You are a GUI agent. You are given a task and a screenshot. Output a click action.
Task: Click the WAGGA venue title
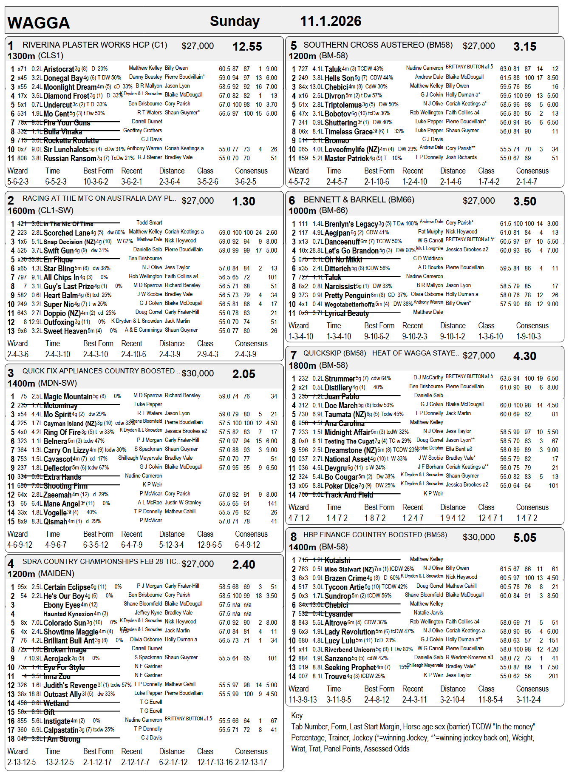pos(39,23)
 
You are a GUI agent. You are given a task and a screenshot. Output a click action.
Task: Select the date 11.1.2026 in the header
pos(331,21)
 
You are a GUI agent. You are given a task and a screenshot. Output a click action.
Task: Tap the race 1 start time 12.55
pos(247,47)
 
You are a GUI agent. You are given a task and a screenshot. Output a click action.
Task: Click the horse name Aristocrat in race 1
pos(59,69)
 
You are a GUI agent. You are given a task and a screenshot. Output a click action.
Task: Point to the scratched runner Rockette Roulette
pos(71,141)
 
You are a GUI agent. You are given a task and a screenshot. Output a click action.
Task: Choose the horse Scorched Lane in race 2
pos(67,233)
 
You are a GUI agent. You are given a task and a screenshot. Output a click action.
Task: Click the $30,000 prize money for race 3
pos(198,373)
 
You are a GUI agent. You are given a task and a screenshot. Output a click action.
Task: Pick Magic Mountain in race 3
pos(68,397)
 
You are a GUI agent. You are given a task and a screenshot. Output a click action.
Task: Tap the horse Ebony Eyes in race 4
pos(62,605)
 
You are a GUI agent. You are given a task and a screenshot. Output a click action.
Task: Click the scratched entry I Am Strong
pos(62,739)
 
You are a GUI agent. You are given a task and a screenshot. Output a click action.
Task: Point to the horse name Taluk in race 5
pos(333,69)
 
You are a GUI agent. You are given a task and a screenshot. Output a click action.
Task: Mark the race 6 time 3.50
pos(524,202)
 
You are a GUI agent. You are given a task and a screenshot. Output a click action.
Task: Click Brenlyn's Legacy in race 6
pos(351,224)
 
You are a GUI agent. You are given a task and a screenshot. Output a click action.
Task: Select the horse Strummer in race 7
pos(340,378)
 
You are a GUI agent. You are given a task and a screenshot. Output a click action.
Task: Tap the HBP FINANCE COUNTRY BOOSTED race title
pos(375,535)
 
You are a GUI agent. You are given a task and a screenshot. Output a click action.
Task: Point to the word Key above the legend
pos(297,715)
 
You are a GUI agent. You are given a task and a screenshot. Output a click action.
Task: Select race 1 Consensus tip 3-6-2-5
pos(246,182)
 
